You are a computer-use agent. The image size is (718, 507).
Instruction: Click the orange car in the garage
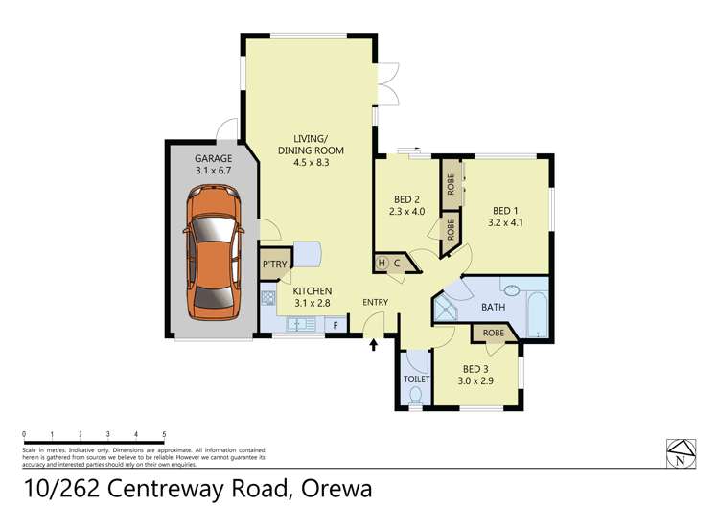tap(212, 252)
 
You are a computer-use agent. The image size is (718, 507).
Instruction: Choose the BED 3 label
tap(476, 375)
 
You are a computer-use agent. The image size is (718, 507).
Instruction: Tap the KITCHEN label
tap(312, 296)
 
